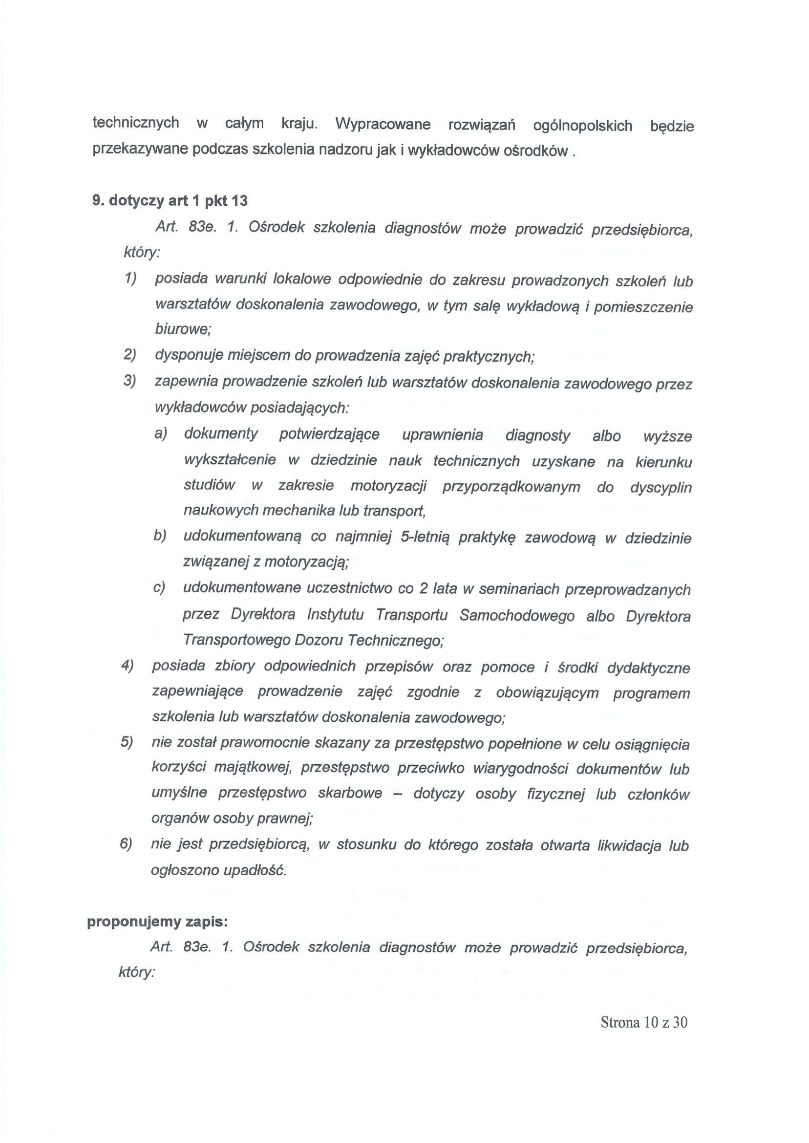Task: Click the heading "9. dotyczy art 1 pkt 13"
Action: tap(170, 201)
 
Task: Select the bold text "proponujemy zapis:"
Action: tap(157, 922)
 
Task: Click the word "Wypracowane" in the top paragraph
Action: tap(383, 124)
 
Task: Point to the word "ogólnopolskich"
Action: tap(582, 126)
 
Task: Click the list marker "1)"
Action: tap(130, 278)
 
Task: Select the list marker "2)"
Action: tap(130, 354)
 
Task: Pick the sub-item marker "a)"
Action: tap(160, 433)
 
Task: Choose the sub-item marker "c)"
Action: tap(159, 587)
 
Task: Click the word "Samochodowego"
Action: tap(516, 615)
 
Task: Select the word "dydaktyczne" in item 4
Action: tap(648, 668)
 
